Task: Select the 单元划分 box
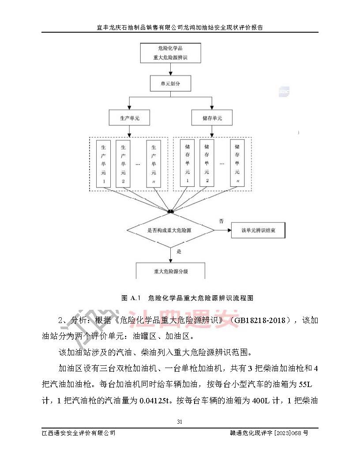pyautogui.click(x=170, y=83)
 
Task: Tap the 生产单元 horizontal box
pyautogui.click(x=129, y=118)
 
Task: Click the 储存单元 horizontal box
pyautogui.click(x=212, y=118)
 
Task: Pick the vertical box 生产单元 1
pyautogui.click(x=103, y=163)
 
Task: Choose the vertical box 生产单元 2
pyautogui.click(x=123, y=163)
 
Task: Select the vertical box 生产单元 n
pyautogui.click(x=154, y=163)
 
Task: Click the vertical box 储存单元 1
pyautogui.click(x=187, y=163)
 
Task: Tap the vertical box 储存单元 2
pyautogui.click(x=206, y=163)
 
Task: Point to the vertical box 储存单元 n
pyautogui.click(x=237, y=163)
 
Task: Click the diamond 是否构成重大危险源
pyautogui.click(x=171, y=230)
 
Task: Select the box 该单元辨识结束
pyautogui.click(x=259, y=230)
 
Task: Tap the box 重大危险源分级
pyautogui.click(x=171, y=271)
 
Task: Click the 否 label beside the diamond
pyautogui.click(x=221, y=220)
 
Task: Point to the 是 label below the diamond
pyautogui.click(x=179, y=252)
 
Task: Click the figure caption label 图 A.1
pyautogui.click(x=130, y=298)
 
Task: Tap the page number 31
pyautogui.click(x=180, y=421)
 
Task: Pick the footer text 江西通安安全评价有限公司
pyautogui.click(x=78, y=433)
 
